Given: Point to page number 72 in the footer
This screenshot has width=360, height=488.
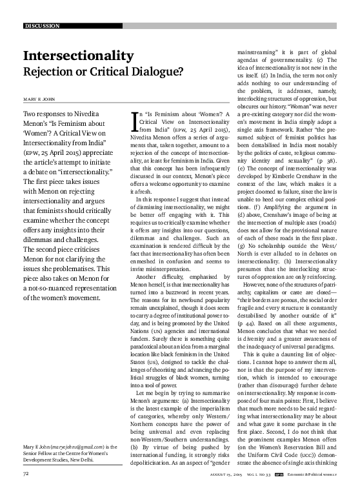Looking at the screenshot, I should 27,473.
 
